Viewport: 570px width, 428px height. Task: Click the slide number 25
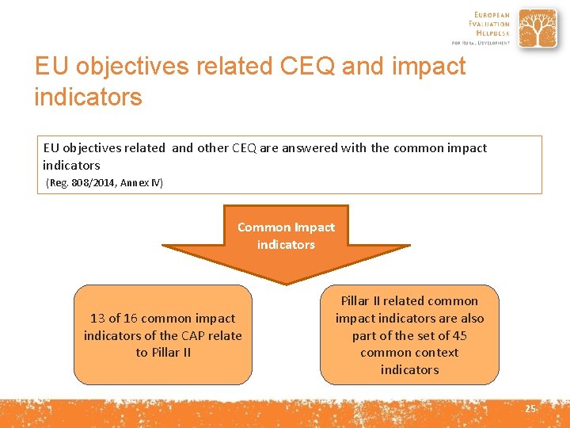(530, 408)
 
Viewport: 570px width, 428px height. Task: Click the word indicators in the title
(88, 97)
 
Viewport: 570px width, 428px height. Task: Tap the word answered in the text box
(308, 147)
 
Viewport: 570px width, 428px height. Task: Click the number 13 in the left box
(97, 318)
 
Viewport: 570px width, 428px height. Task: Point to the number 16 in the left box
(132, 318)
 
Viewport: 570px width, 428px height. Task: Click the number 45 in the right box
(459, 335)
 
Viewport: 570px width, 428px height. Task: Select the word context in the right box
(433, 353)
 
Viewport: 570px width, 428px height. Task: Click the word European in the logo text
(492, 14)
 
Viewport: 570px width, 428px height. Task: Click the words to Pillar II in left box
(163, 353)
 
